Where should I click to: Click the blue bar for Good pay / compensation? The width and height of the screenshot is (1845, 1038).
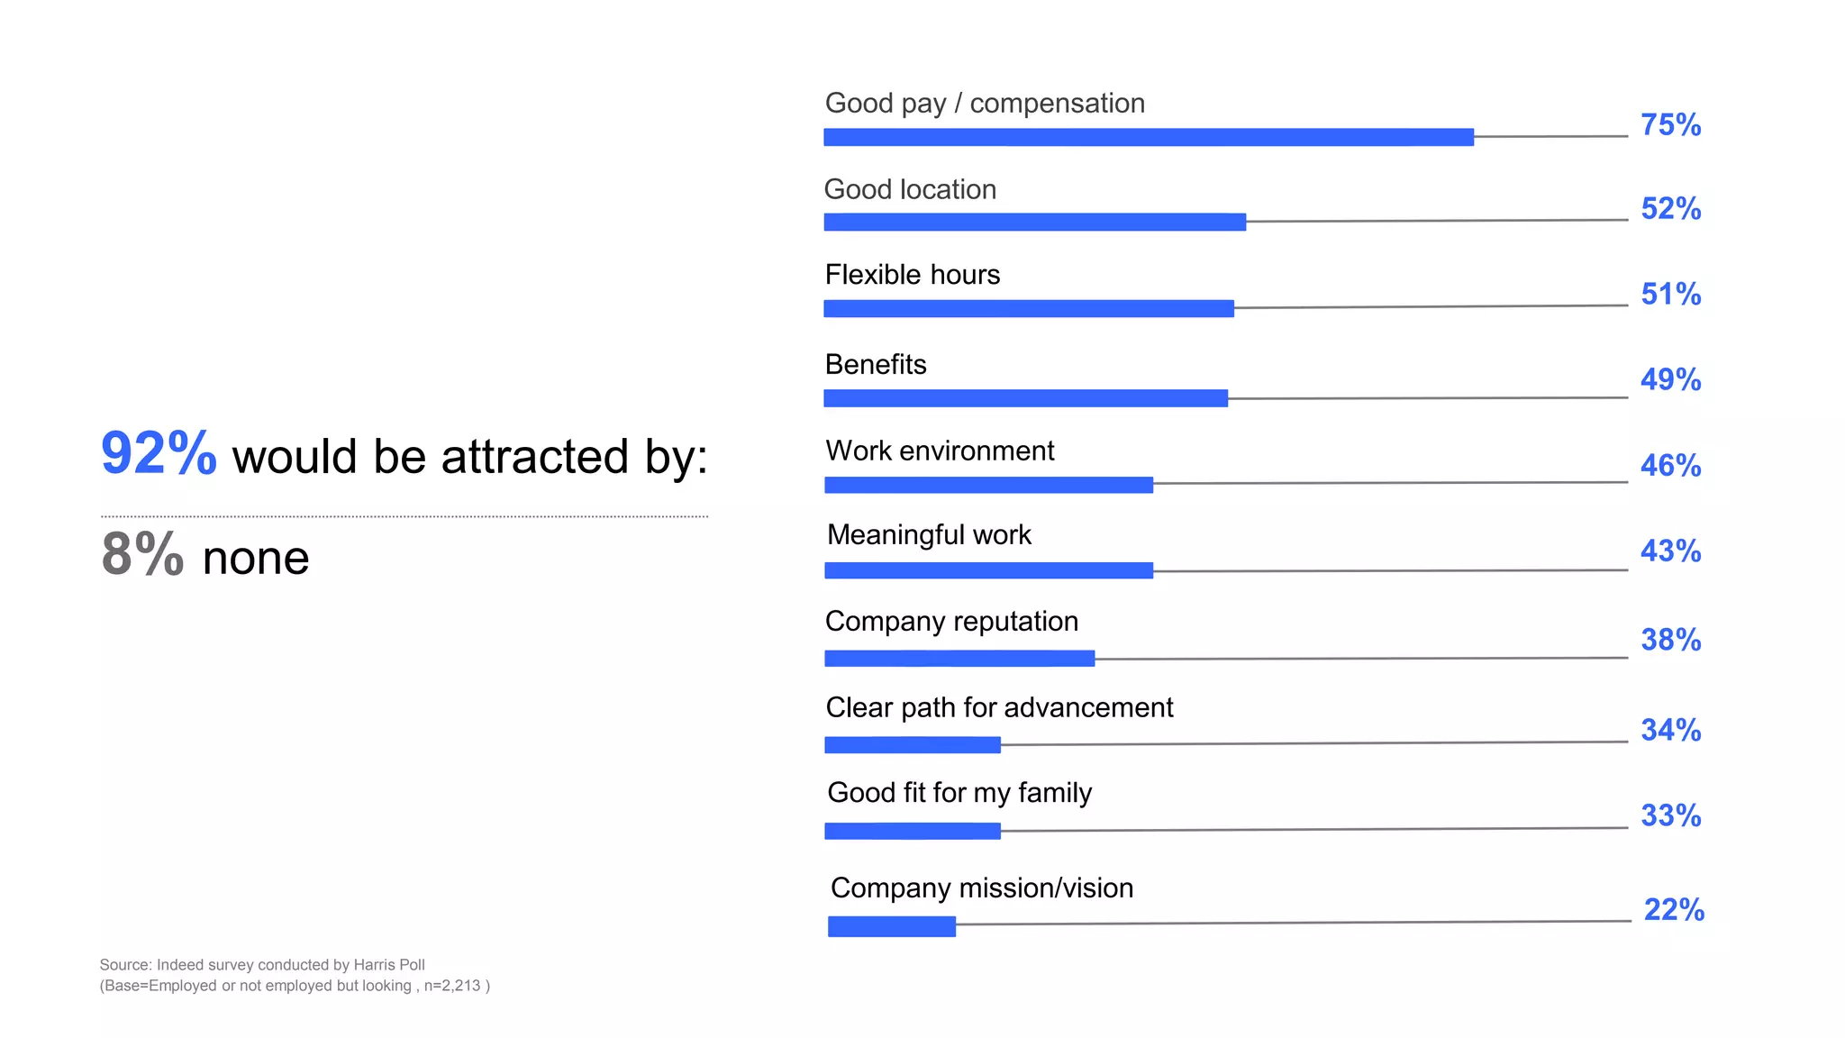tap(1148, 137)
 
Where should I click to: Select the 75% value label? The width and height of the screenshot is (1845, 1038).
tap(1670, 125)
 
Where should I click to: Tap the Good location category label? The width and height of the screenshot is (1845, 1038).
tap(910, 190)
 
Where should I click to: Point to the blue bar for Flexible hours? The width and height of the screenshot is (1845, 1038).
tap(1028, 309)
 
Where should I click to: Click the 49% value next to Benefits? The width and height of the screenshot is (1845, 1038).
tap(1670, 379)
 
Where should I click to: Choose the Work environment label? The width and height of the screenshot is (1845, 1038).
tap(940, 451)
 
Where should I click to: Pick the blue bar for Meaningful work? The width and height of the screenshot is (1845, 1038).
tap(988, 570)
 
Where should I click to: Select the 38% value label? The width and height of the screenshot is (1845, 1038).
tap(1670, 640)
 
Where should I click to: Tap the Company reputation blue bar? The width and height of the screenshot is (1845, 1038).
tap(959, 659)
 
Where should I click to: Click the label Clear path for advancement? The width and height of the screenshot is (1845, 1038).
tap(999, 708)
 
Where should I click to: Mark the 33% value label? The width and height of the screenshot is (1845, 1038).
tap(1670, 815)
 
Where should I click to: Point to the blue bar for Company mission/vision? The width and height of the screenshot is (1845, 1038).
tap(891, 926)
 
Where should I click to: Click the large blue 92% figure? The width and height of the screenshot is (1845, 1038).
tap(159, 453)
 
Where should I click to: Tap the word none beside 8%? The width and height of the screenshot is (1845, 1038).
tap(256, 559)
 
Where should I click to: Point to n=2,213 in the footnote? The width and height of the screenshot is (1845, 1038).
tap(452, 986)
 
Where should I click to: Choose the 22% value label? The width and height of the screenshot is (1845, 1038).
tap(1674, 910)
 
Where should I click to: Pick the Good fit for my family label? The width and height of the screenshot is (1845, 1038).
tap(959, 793)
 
